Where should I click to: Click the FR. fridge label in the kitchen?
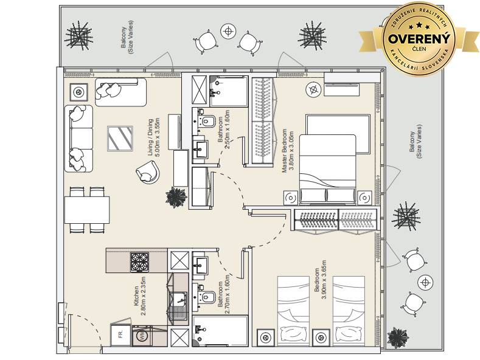pos(120,333)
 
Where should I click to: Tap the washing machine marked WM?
pos(142,336)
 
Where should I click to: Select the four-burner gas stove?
pos(139,262)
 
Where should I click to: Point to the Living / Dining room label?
pos(153,137)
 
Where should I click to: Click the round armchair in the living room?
pos(148,172)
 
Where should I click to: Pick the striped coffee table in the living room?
pos(120,139)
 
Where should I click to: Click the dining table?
pos(87,210)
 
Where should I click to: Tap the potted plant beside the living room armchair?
pos(176,198)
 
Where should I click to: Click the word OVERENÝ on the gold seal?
pos(419,39)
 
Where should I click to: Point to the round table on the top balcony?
pos(228,31)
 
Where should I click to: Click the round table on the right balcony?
pos(425,282)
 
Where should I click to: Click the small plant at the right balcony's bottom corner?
pos(398,338)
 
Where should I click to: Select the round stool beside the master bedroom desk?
pos(313,89)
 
